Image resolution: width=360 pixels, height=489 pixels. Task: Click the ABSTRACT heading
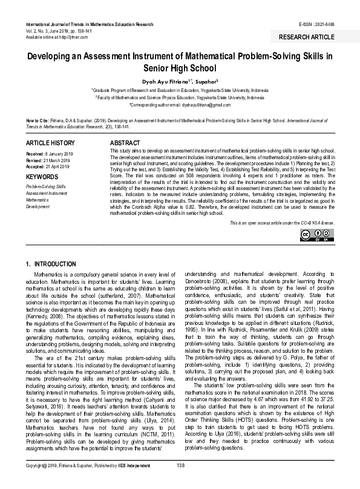click(x=123, y=142)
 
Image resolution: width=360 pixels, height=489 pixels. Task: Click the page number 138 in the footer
click(x=180, y=482)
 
